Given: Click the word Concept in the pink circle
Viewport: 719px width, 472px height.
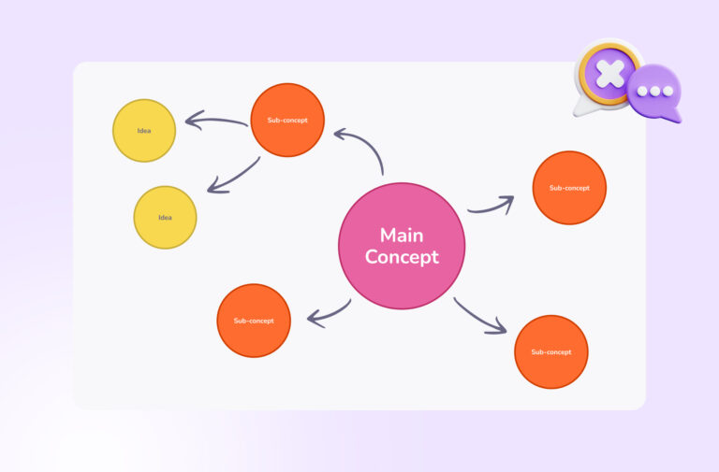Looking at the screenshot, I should [x=402, y=257].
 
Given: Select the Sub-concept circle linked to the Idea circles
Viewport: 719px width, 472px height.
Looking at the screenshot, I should [x=288, y=120].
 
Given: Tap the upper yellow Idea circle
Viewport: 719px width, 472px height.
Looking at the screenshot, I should [x=144, y=130].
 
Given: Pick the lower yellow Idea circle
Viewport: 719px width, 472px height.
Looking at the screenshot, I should [x=165, y=217].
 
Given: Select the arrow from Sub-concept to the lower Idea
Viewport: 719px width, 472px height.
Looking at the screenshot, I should [x=233, y=177].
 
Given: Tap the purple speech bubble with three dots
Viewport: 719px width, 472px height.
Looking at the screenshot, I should [x=655, y=93].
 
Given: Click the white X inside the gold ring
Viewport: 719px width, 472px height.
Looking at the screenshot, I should [x=609, y=72].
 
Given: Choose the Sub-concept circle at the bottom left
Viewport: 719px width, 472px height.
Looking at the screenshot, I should [x=254, y=321].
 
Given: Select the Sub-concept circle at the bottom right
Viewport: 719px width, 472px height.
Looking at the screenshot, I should [x=550, y=351].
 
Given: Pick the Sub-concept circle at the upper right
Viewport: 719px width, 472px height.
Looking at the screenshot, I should [x=569, y=188].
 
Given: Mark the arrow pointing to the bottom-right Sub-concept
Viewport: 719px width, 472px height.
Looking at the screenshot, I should [x=480, y=317].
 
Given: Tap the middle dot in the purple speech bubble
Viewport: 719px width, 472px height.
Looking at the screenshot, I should [x=655, y=91].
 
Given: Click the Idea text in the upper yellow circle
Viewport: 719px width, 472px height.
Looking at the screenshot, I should [x=144, y=130].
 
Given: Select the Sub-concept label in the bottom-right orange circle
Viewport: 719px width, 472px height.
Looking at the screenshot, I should [x=550, y=352].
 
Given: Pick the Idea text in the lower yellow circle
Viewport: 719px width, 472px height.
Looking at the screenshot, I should [x=165, y=218].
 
